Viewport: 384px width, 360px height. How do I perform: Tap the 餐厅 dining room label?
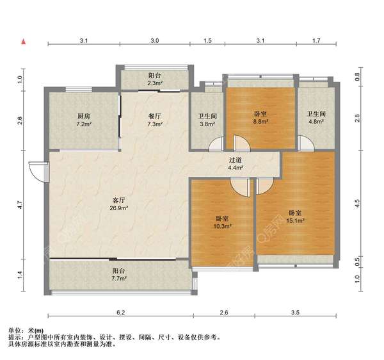coord(154,116)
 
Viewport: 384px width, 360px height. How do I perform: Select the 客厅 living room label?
coord(119,200)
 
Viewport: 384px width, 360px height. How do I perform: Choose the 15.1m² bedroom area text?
coord(295,220)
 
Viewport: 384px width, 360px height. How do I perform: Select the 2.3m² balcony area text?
coord(154,83)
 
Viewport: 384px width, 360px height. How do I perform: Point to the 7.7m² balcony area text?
coord(119,279)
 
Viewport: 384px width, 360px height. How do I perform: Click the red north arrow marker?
coord(23,42)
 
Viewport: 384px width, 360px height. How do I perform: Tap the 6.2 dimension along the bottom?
coord(119,313)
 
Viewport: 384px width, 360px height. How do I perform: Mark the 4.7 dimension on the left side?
coord(20,206)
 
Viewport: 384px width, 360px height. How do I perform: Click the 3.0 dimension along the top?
coord(154,40)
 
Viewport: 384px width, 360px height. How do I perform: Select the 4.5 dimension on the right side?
coord(357,206)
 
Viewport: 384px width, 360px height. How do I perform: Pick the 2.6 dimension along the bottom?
coord(223,313)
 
